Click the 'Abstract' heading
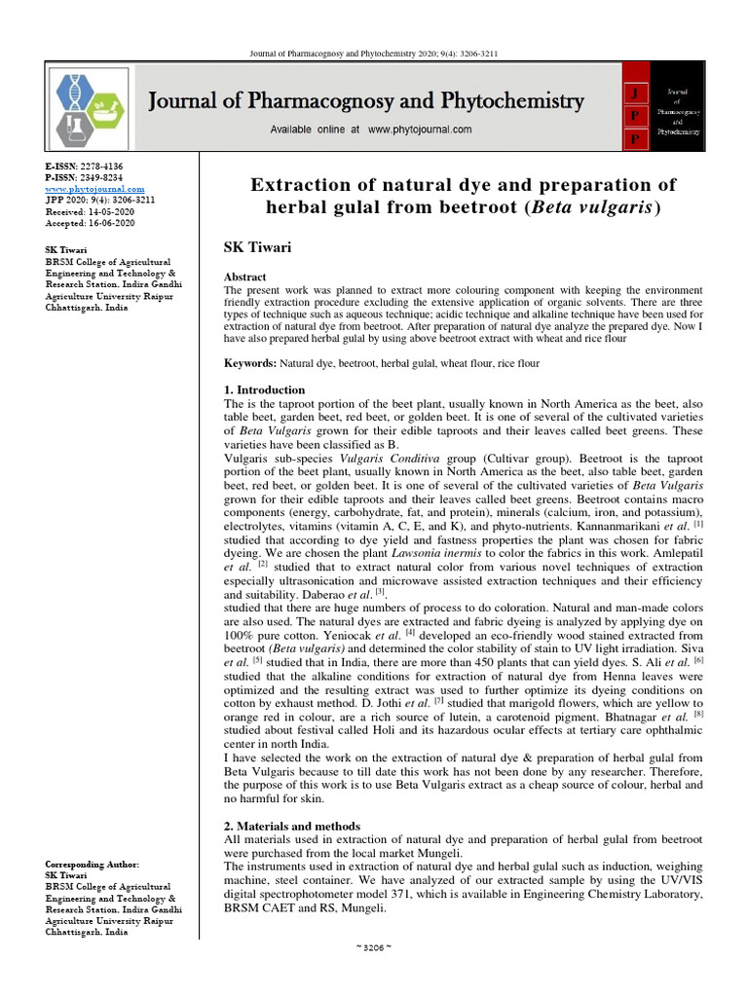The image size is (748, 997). (x=245, y=277)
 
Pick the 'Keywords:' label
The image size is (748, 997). (x=250, y=362)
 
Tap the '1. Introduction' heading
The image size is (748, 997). (x=265, y=389)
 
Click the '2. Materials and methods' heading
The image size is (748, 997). (x=292, y=826)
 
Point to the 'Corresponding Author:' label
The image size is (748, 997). (x=93, y=865)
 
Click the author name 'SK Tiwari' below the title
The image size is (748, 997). (x=258, y=248)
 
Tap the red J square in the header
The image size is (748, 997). (x=635, y=92)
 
